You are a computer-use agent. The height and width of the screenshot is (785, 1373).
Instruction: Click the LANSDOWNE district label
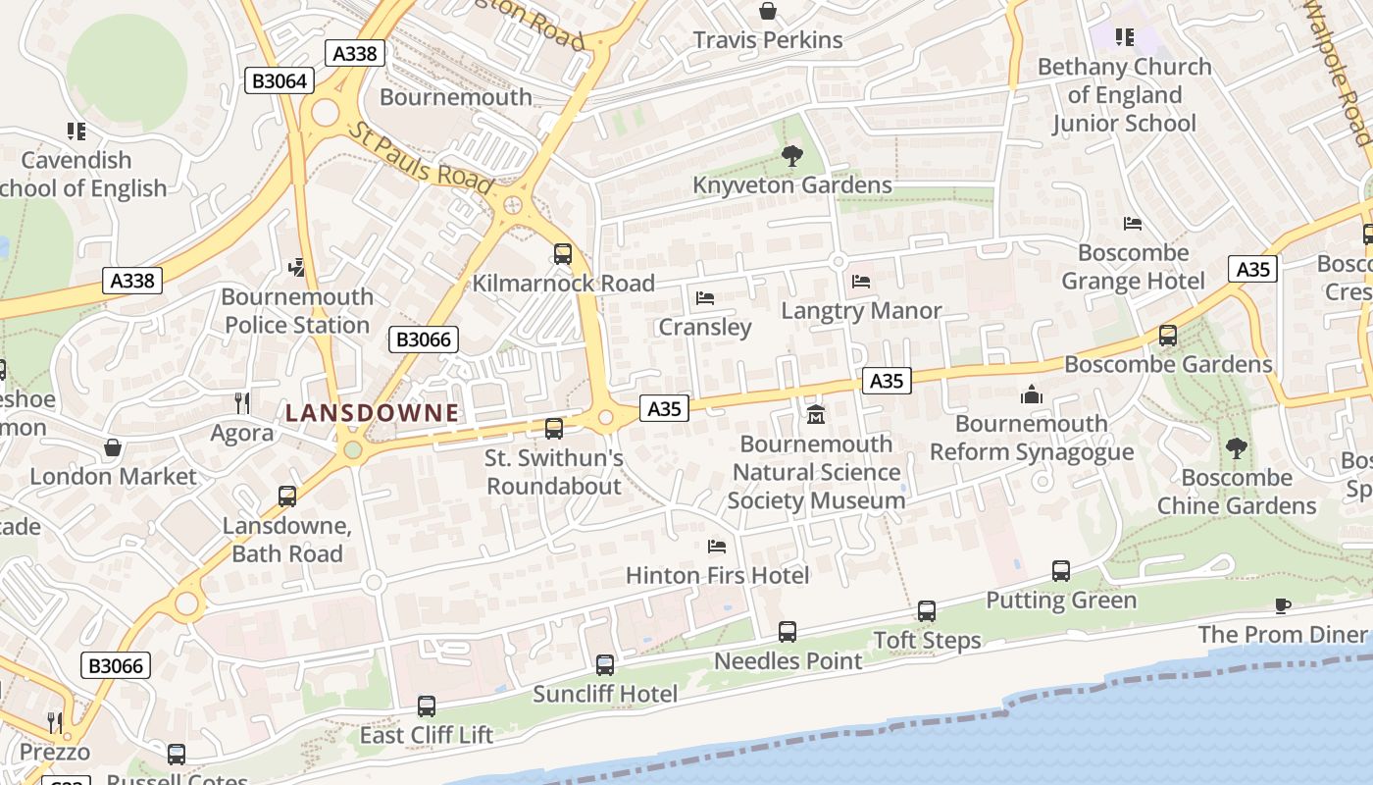coord(372,413)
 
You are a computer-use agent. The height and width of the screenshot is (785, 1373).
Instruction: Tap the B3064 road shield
coord(280,80)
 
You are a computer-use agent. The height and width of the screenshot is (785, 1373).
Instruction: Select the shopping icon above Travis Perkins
coord(768,11)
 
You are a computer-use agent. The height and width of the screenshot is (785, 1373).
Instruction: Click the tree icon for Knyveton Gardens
coord(791,156)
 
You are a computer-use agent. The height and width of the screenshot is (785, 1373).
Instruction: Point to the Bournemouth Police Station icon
coord(296,267)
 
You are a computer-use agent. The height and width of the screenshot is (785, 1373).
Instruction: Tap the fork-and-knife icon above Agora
coord(241,402)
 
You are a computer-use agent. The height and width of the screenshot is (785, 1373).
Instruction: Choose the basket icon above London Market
coord(113,447)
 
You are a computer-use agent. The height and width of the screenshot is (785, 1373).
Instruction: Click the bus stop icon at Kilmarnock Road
coord(563,254)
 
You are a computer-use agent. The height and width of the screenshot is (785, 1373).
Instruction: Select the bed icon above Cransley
coord(704,297)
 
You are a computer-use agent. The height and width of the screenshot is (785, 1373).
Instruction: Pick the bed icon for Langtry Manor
coord(861,282)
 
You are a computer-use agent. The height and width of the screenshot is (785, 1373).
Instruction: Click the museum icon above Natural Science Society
coord(815,415)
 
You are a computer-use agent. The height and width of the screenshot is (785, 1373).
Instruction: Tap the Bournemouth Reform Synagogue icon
coord(1031,394)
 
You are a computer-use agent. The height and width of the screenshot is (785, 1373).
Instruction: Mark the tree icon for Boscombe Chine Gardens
coord(1236,448)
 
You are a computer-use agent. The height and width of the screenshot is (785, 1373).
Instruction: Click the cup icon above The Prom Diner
coord(1282,605)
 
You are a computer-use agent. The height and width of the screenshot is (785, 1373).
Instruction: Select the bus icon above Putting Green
coord(1060,571)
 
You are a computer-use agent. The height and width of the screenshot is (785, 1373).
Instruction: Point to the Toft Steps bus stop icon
coord(927,611)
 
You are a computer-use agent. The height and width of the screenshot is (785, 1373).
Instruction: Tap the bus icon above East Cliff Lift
coord(427,706)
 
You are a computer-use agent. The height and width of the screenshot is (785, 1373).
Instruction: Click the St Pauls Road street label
coord(421,158)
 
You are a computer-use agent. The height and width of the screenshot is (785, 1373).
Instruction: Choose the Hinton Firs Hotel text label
coord(717,575)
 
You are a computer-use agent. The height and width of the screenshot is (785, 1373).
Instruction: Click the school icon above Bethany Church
coord(1124,37)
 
